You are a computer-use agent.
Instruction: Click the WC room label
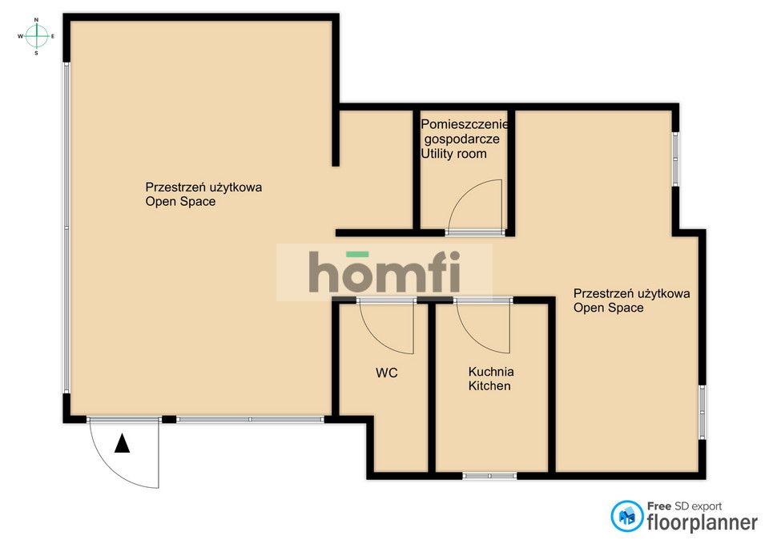tap(386, 373)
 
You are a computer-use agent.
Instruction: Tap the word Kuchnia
tap(491, 371)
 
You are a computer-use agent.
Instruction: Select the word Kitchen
tap(489, 386)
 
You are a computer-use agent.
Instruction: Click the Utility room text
tap(453, 154)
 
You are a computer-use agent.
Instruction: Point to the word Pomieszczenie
tap(465, 124)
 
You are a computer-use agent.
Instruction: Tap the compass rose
tap(36, 36)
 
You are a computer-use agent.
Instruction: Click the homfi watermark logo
tap(384, 272)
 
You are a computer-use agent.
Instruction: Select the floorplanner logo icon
tap(626, 516)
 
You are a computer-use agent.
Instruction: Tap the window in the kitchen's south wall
tap(490, 476)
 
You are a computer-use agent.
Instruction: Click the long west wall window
tap(66, 227)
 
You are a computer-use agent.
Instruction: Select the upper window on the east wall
tap(675, 159)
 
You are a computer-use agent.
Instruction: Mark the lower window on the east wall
tap(703, 412)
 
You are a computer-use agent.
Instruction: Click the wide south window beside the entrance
tap(250, 419)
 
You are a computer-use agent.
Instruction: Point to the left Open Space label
tap(203, 194)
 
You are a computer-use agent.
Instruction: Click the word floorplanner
tap(703, 522)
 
